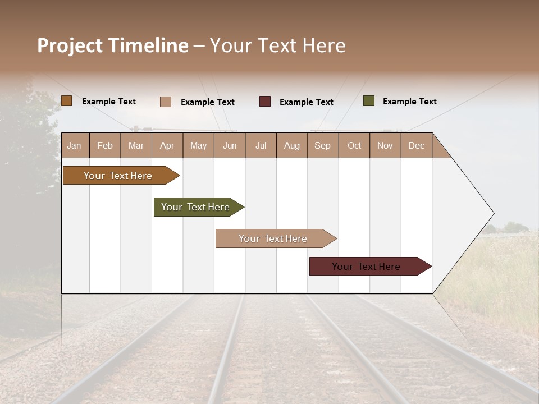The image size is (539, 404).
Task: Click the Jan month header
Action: (x=74, y=146)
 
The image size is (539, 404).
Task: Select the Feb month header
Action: (x=105, y=146)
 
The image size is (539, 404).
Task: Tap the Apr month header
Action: (x=167, y=146)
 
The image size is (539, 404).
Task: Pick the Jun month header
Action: (x=230, y=146)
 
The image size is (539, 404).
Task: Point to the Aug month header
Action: (x=292, y=146)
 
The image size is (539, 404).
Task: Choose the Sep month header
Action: (x=323, y=146)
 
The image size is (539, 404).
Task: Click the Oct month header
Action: (x=354, y=146)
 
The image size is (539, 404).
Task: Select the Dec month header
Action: (x=417, y=146)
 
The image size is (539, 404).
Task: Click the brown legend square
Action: (x=67, y=101)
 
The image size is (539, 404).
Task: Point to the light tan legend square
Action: (x=166, y=102)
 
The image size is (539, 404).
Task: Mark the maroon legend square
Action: (x=265, y=102)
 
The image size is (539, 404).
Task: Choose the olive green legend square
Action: (x=369, y=101)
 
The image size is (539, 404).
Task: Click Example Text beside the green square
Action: (x=409, y=102)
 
